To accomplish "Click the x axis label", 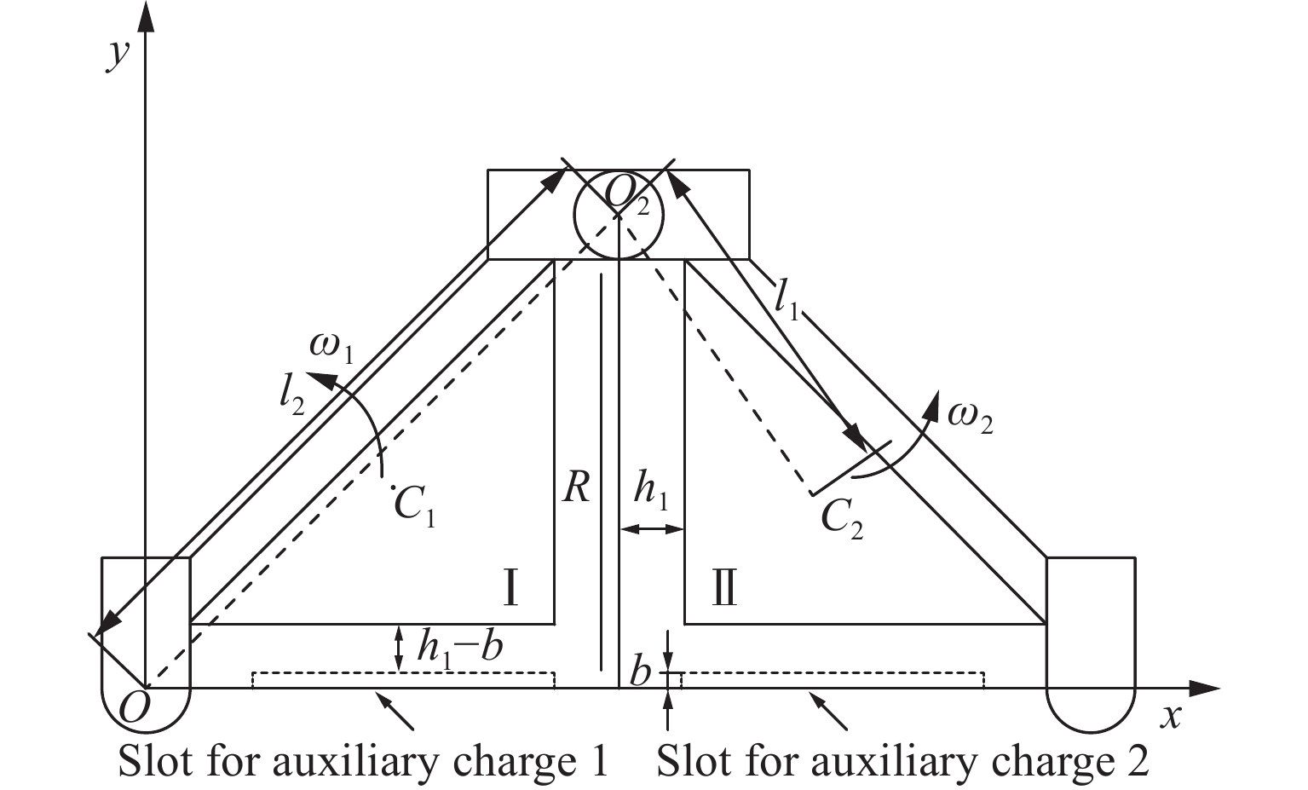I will (x=1173, y=716).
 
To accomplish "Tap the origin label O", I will (x=133, y=706).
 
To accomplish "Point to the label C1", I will (x=415, y=507).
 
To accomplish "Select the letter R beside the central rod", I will (x=576, y=488).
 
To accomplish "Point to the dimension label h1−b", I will (x=459, y=649).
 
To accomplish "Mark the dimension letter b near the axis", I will (x=640, y=673).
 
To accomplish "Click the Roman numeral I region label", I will (x=510, y=587).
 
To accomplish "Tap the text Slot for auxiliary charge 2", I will (x=902, y=761).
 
